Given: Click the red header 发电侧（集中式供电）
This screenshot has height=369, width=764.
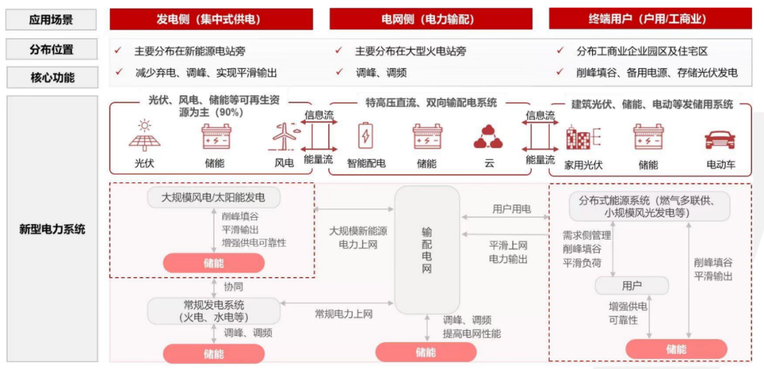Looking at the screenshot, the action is click(211, 20).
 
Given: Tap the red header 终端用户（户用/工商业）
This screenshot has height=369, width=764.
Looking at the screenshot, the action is click(651, 20).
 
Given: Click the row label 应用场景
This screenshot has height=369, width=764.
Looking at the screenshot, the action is click(52, 20).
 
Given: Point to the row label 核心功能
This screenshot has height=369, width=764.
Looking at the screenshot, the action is click(52, 77).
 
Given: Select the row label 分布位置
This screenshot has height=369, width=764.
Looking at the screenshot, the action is click(52, 49).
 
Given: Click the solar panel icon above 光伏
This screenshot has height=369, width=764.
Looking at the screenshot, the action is click(144, 135).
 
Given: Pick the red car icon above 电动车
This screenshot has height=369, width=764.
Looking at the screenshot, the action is click(719, 140).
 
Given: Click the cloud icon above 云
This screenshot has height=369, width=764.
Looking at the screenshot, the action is click(487, 137).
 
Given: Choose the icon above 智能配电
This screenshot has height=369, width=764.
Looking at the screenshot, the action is click(365, 136).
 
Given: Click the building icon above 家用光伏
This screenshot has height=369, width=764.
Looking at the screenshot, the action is click(582, 138).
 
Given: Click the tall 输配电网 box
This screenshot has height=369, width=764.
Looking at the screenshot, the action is click(427, 250).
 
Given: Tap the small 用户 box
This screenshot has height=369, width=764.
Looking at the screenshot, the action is click(632, 286).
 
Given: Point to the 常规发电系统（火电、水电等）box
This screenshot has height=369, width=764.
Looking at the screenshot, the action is click(214, 311).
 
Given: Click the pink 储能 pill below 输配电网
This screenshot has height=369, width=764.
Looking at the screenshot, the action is click(426, 352).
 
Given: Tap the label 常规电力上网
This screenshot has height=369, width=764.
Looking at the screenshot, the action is click(344, 314).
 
